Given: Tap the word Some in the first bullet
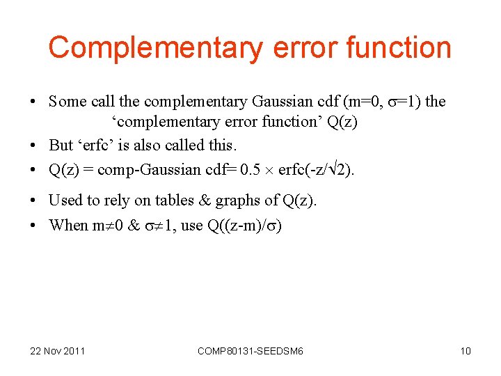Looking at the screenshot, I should coord(67,102).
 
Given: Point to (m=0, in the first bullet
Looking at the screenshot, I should coord(362,102).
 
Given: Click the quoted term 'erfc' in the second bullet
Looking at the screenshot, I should coord(101,145).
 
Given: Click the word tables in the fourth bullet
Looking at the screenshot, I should coord(175,201).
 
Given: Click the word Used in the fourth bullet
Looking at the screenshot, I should coord(65,201).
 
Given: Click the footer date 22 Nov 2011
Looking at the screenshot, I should coord(57,351).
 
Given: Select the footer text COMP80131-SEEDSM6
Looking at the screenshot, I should coord(250,351).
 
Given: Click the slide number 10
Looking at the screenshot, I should coord(466,351).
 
